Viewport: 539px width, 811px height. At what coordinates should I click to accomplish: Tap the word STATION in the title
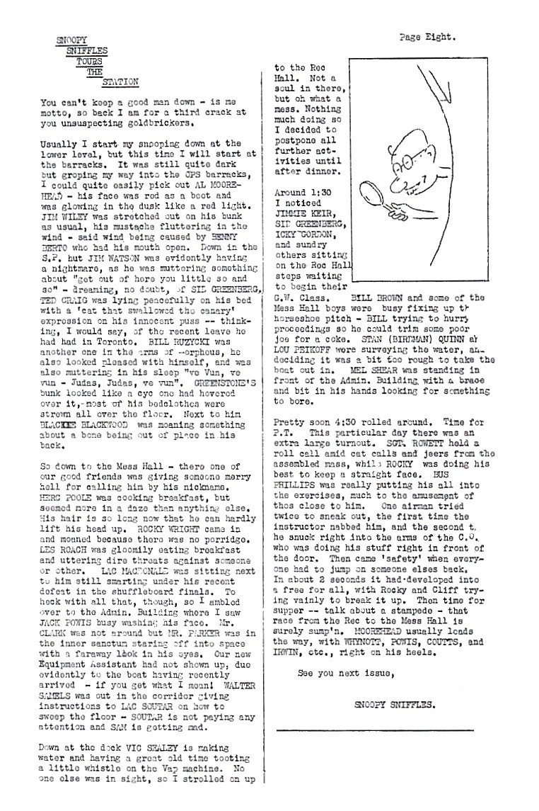tap(120, 81)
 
